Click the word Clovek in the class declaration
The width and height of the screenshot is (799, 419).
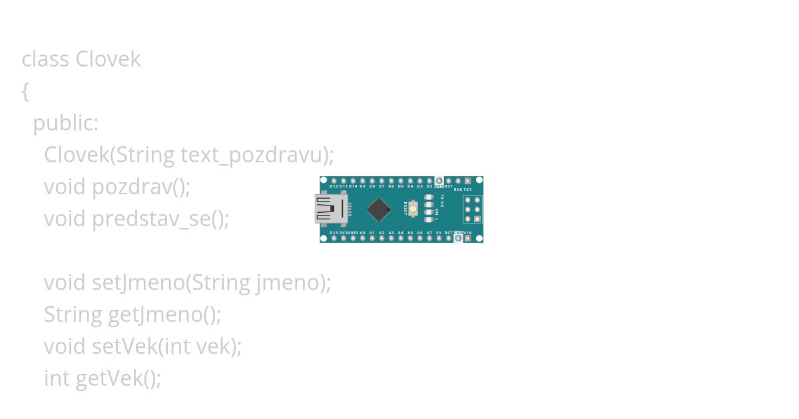[x=108, y=59]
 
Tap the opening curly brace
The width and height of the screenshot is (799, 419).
[x=25, y=91]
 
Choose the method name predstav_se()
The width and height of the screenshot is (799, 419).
[x=160, y=219]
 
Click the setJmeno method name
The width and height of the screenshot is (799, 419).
[x=137, y=283]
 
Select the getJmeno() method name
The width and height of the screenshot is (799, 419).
[x=164, y=315]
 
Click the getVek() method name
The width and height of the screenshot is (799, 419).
[x=119, y=378]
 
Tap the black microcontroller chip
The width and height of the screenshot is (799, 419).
[x=378, y=209]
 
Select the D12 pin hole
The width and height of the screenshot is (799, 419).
[x=334, y=181]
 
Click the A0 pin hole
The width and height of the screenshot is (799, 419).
[x=362, y=238]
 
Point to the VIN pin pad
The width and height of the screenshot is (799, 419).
[x=468, y=238]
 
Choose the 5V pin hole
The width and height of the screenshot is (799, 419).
[x=439, y=238]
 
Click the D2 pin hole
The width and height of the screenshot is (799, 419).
[x=429, y=181]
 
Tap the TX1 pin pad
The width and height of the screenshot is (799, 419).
[x=468, y=181]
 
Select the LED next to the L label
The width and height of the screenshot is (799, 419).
[x=428, y=219]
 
